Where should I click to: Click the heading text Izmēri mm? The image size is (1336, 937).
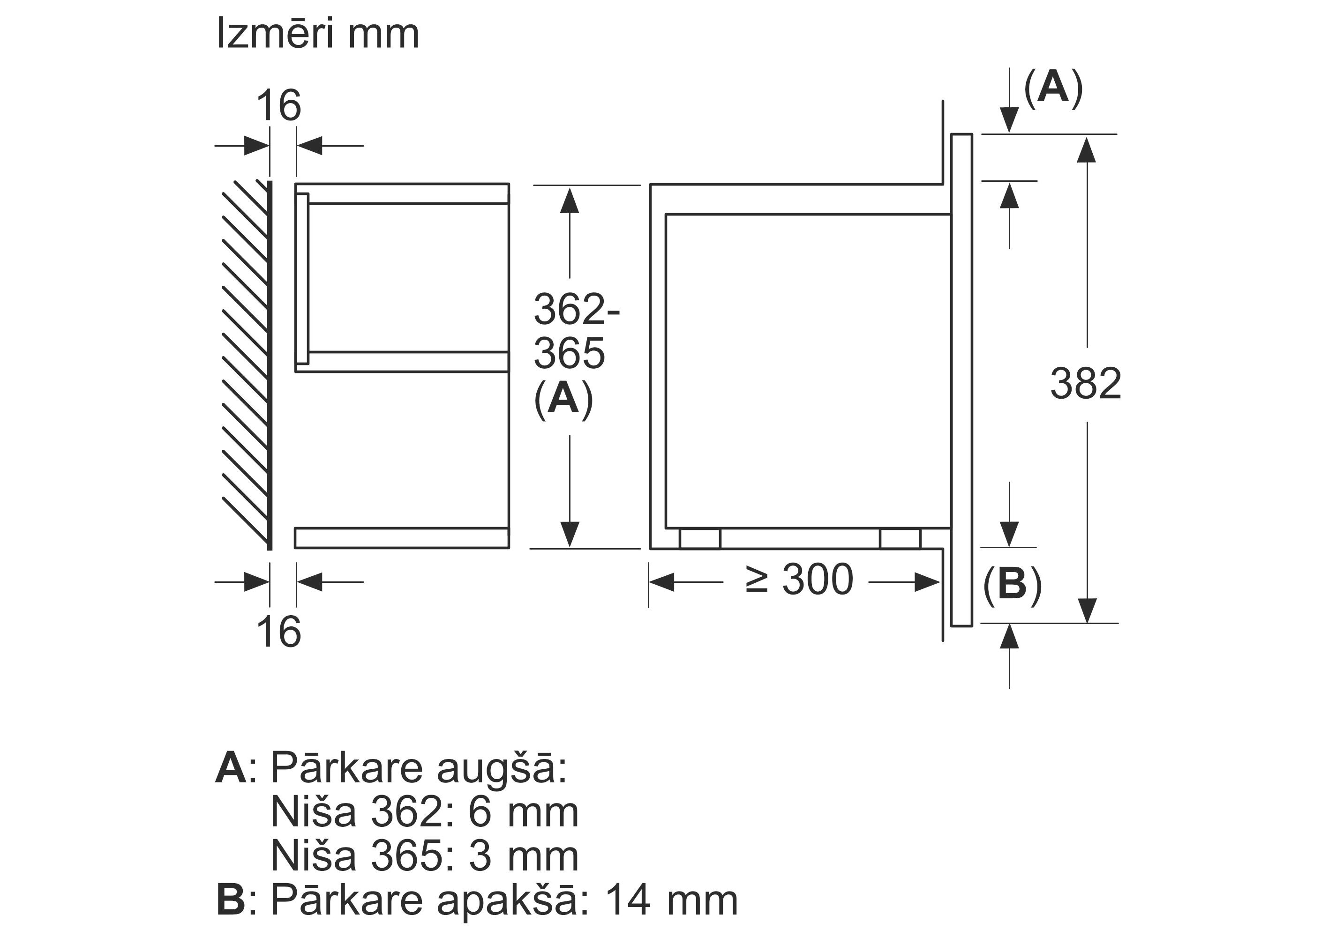(x=317, y=33)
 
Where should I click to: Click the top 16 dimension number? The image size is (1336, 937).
(x=279, y=106)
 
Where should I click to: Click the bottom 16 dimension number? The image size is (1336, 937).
(x=279, y=632)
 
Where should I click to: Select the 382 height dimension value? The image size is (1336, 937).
(x=1085, y=383)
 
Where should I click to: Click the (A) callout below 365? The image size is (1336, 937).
(x=563, y=399)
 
